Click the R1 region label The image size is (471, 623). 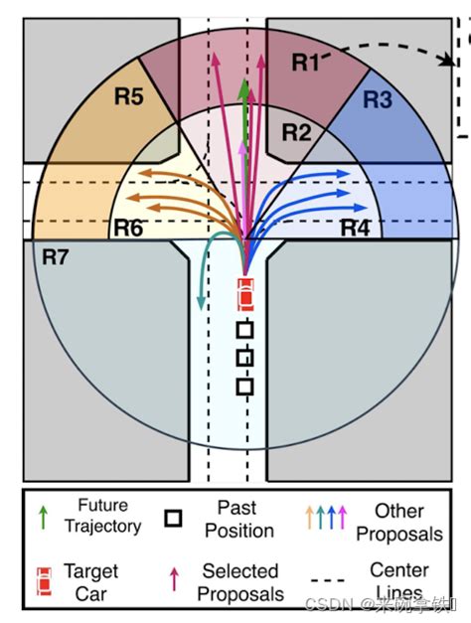point(306,63)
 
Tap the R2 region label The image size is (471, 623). point(296,132)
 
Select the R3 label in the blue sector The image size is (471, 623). point(379,99)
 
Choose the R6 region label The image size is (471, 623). point(127,228)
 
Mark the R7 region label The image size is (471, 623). point(56,256)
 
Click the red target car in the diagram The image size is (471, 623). point(245,295)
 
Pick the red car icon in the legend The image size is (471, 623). point(42,580)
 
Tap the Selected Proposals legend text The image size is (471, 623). point(240,582)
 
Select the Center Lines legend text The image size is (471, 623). point(399,581)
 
